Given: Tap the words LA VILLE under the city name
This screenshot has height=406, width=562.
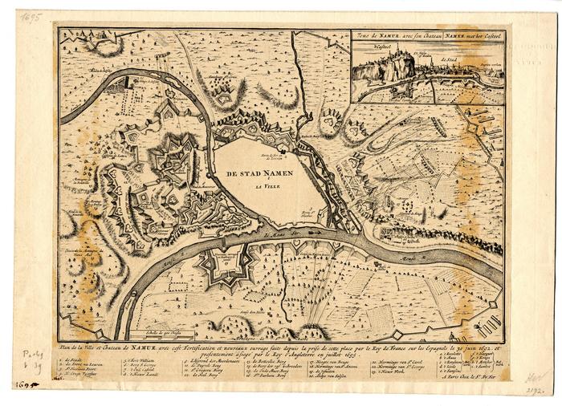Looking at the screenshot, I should (x=260, y=187).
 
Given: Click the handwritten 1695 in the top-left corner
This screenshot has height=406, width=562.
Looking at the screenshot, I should (x=30, y=16).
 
